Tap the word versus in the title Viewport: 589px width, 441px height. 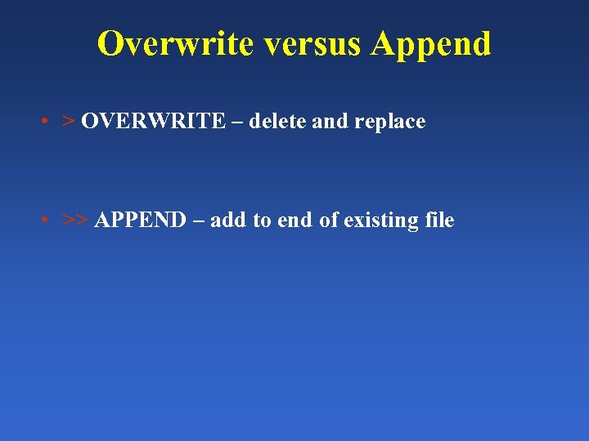tap(312, 43)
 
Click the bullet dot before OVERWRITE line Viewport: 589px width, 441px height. tap(43, 122)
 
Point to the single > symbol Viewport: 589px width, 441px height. tap(69, 122)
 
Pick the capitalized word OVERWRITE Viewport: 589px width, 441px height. tap(153, 122)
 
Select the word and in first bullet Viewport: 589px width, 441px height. tap(330, 122)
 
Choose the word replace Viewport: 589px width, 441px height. tap(390, 122)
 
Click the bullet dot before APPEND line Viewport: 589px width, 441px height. tap(43, 220)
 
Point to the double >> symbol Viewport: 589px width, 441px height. tap(75, 220)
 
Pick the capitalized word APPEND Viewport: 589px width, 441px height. tap(140, 220)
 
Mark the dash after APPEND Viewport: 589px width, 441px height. tap(197, 221)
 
